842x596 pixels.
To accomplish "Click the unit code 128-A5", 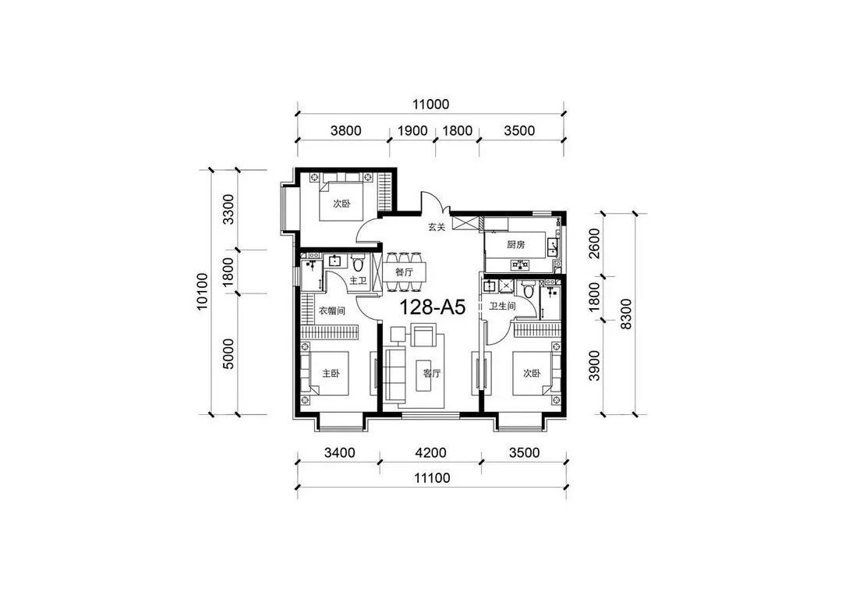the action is (x=432, y=307).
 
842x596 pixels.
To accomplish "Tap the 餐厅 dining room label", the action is (x=405, y=272).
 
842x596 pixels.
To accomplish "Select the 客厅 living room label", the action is (x=431, y=373).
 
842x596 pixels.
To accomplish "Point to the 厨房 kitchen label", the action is (x=516, y=245).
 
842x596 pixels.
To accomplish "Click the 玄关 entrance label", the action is (x=437, y=227).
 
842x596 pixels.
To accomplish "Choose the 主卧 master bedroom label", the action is (x=331, y=373).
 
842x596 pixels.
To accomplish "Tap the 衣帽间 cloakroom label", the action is (x=332, y=310).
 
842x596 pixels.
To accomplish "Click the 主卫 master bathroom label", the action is (x=358, y=281).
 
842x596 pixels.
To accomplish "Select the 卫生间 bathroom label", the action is (x=502, y=307).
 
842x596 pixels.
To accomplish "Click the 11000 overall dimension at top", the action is (x=430, y=105).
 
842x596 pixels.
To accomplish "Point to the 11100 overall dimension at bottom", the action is (x=432, y=477).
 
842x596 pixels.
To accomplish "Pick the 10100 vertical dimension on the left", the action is (x=202, y=292).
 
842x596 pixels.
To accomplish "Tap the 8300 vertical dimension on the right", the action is (x=625, y=314).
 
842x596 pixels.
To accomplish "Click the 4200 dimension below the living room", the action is (x=430, y=453).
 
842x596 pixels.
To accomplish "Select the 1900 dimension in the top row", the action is (x=412, y=131).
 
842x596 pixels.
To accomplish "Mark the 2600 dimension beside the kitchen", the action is (x=594, y=243).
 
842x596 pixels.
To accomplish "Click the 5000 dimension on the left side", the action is (x=228, y=353).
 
